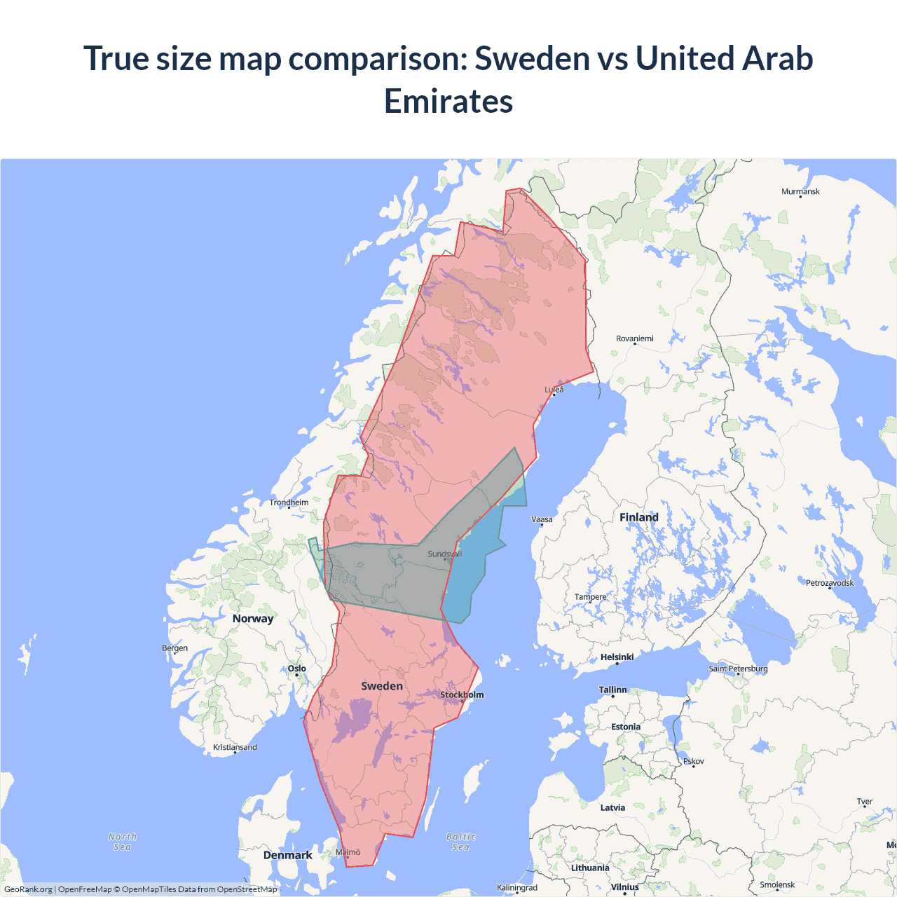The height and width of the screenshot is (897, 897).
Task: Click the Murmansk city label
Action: [800, 191]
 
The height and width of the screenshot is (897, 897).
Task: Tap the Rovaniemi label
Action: [634, 338]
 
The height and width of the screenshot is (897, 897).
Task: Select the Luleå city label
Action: [554, 390]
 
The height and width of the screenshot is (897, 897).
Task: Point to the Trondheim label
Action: [289, 502]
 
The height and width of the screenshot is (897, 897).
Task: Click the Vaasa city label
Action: [542, 519]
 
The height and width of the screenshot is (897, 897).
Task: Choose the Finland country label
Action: [638, 517]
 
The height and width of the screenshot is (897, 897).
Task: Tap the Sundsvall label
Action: [444, 554]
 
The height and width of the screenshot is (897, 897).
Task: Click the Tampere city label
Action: [590, 597]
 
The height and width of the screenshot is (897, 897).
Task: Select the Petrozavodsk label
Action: [830, 583]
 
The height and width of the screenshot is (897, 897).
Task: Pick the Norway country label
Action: [253, 618]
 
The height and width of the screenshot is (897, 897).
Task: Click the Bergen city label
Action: [174, 648]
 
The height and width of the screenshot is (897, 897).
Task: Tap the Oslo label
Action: [297, 669]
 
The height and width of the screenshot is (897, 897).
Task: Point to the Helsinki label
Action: [617, 657]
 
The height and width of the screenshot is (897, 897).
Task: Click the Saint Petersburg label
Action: [738, 669]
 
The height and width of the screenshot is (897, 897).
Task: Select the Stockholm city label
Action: [462, 694]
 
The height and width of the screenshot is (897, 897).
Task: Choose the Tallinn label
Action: [612, 690]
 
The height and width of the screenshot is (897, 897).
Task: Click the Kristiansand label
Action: [235, 747]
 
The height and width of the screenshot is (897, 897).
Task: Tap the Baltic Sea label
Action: [460, 842]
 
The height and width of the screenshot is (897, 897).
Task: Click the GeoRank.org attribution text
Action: [28, 889]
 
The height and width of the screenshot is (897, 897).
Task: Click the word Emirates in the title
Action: [448, 101]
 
